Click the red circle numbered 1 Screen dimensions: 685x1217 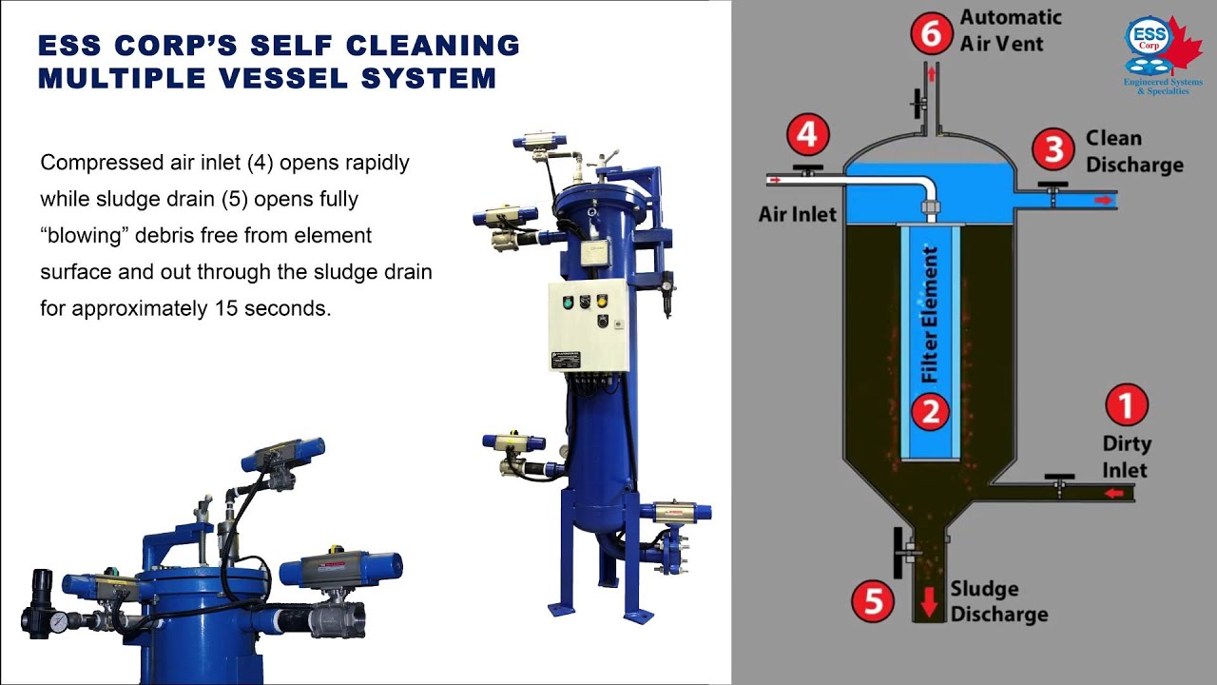coord(1127,406)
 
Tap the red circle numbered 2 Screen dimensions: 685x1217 coord(931,411)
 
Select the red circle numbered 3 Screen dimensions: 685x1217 coord(1054,149)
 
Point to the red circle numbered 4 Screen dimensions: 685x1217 coord(806,134)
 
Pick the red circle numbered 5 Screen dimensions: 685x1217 coord(872,601)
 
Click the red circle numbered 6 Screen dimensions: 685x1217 coord(931,33)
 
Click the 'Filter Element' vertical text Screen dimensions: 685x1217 coord(931,314)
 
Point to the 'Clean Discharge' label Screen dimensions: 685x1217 coord(1133,151)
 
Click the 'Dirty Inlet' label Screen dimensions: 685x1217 coord(1127,457)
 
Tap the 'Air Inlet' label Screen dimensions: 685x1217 coord(797,214)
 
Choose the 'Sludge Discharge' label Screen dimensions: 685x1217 coord(998,602)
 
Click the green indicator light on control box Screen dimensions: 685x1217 coord(568,303)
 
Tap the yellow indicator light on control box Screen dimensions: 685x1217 coord(601,303)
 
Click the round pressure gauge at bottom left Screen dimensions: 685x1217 coord(59,622)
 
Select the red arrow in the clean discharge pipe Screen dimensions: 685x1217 coord(1102,200)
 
